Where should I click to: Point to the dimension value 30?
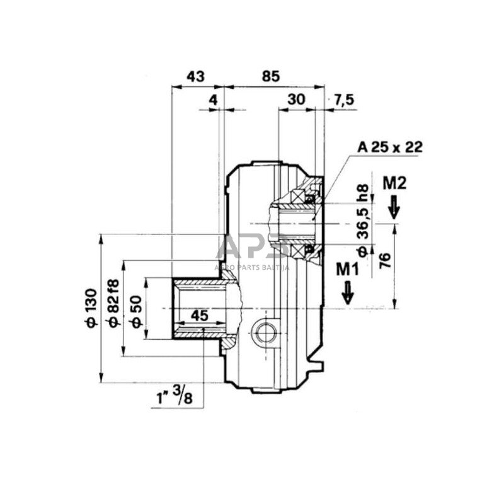click(x=295, y=100)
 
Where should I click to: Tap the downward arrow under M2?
click(x=394, y=207)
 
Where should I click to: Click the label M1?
click(x=347, y=269)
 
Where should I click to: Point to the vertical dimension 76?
click(x=385, y=260)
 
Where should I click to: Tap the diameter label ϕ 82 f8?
click(x=114, y=303)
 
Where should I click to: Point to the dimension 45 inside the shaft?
click(x=199, y=315)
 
